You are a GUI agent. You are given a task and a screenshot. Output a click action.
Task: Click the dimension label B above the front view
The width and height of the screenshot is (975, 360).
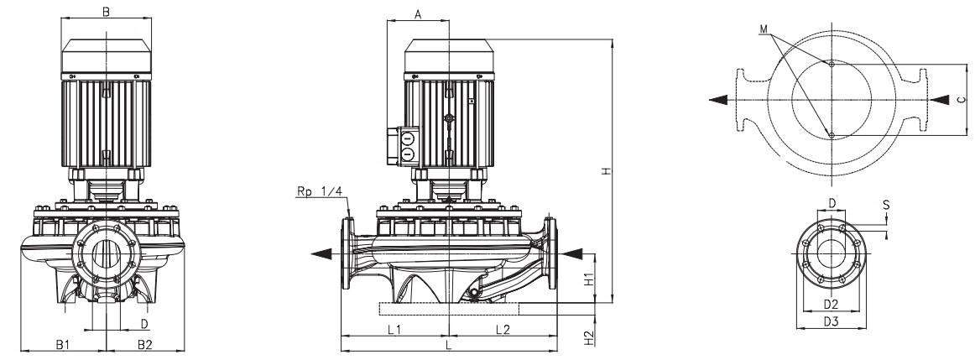105,12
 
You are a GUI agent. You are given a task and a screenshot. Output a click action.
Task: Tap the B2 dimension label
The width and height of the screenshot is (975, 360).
144,344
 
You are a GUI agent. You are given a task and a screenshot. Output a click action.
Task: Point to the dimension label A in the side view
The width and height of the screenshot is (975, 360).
418,14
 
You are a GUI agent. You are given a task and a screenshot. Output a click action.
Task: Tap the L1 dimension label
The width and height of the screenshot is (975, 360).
394,330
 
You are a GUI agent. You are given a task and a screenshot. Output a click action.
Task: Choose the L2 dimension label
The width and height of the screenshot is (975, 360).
503,330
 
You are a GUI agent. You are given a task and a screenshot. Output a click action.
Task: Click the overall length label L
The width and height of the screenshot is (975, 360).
449,345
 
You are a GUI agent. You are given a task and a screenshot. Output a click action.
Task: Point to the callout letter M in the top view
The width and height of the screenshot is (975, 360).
763,29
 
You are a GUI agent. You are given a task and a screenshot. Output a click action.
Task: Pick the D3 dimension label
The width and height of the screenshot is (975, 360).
831,321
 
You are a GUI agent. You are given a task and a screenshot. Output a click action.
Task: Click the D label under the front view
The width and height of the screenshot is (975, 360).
143,322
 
